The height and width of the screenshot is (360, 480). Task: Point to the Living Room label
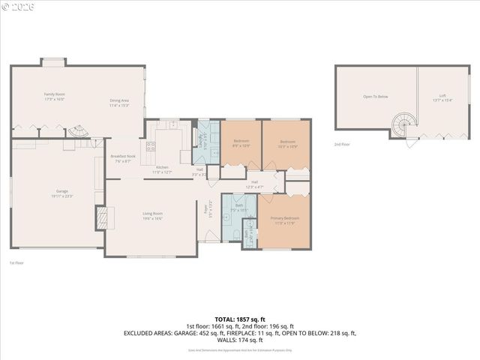coord(153,214)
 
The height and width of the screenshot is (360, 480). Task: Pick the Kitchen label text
coord(162,168)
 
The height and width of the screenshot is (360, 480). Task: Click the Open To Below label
coord(375,97)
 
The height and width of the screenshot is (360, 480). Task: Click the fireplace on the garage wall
coord(100,218)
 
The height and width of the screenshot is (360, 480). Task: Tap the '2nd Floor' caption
coord(342,144)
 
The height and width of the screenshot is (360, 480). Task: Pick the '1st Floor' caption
coord(16,262)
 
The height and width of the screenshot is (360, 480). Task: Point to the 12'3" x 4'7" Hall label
coord(254,184)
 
